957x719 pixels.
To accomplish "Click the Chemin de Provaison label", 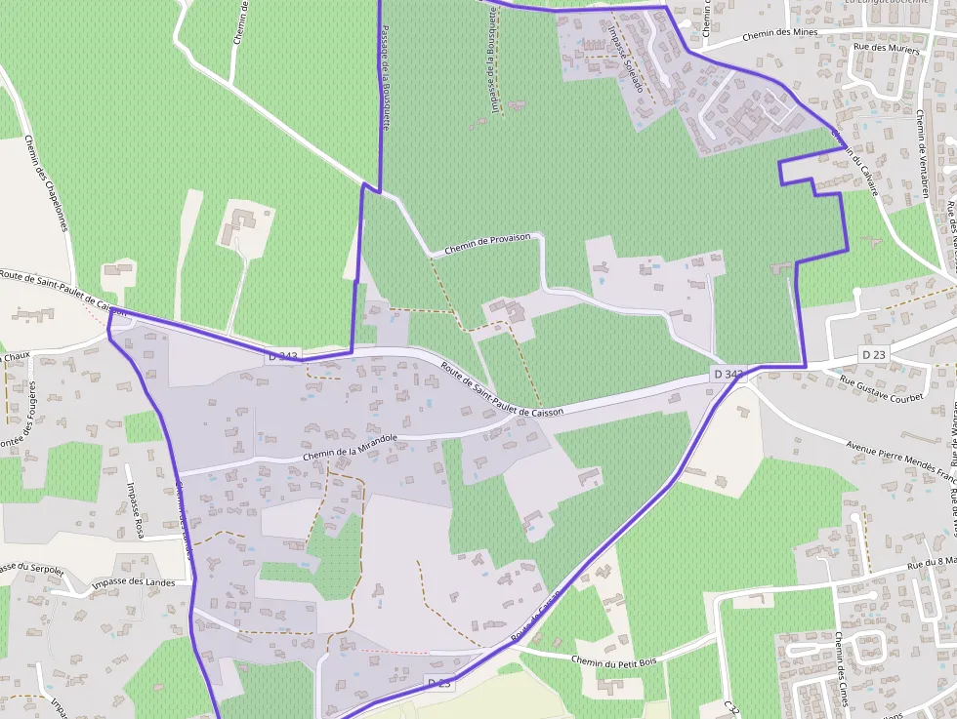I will pyautogui.click(x=487, y=243).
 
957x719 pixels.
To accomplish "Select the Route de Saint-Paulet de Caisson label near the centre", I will pyautogui.click(x=502, y=390).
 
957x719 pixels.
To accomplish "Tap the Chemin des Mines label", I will pyautogui.click(x=779, y=34).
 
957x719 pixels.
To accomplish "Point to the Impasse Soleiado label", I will pyautogui.click(x=625, y=58).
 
